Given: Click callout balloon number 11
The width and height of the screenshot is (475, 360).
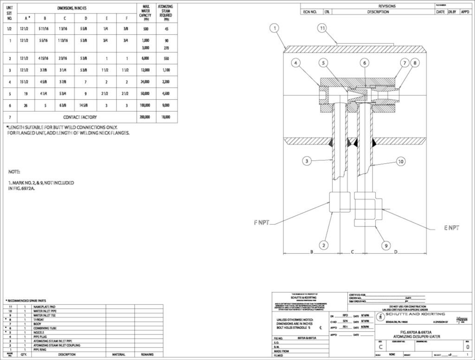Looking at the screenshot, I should click(322, 28).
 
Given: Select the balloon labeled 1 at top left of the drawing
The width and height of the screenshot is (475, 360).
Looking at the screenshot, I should click(275, 28).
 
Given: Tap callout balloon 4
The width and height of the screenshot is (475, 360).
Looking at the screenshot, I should click(296, 63).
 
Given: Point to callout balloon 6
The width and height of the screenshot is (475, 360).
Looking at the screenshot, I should click(365, 63).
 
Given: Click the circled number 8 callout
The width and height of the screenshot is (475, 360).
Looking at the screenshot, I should click(414, 63).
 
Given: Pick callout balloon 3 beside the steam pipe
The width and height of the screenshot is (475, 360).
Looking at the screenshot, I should click(306, 161).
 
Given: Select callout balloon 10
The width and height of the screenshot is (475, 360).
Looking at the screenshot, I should click(400, 161).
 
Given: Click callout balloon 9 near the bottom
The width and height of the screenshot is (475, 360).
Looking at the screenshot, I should click(385, 245).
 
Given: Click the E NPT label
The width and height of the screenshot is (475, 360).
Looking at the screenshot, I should click(450, 228).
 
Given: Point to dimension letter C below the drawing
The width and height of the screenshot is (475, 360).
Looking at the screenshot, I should click(353, 252).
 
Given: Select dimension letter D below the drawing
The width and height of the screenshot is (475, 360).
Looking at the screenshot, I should click(395, 252).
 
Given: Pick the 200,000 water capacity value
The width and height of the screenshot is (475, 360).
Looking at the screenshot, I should click(145, 117).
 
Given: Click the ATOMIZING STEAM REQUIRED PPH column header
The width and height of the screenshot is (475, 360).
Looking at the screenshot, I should click(166, 14).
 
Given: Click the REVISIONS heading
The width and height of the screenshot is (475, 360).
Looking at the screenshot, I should click(387, 6).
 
